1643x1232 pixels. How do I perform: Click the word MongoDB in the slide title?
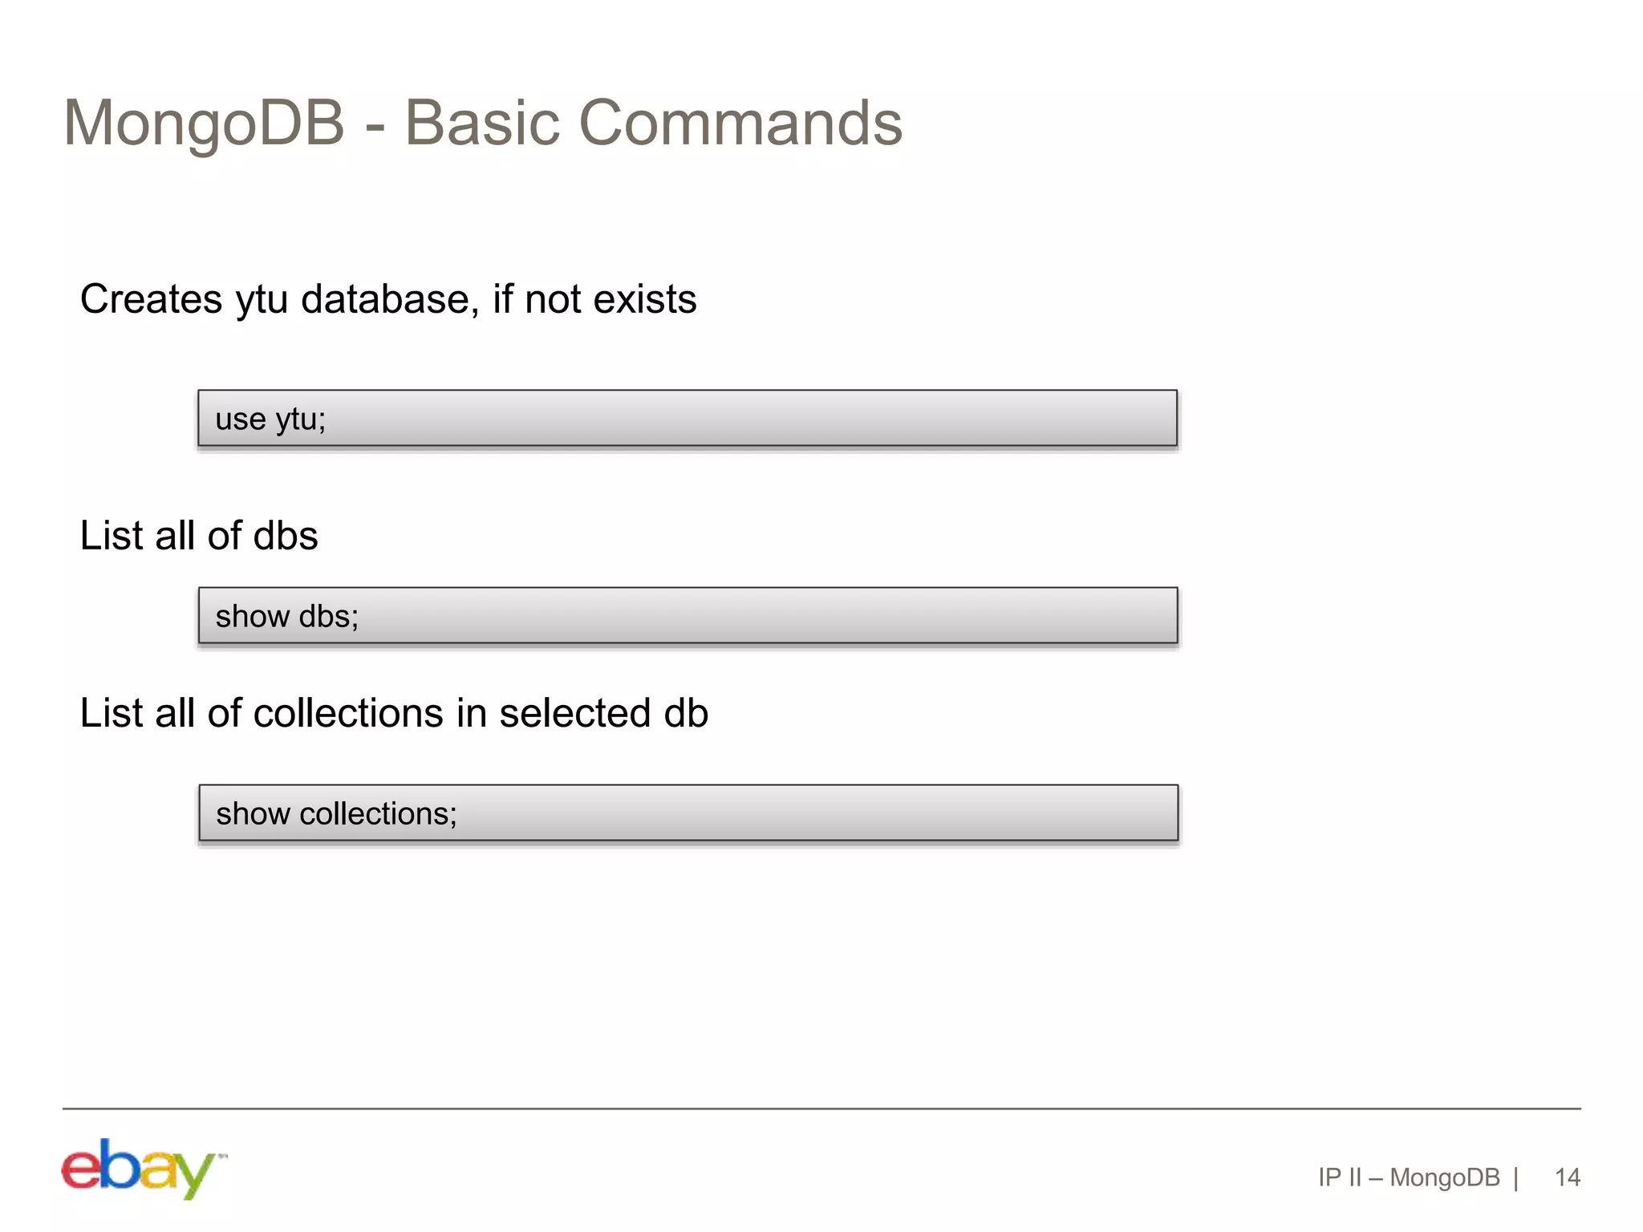[204, 124]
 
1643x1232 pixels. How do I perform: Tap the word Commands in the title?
[740, 124]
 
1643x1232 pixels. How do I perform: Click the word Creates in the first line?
[151, 299]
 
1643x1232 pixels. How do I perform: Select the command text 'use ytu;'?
[270, 419]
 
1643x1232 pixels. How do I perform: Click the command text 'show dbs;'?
[286, 616]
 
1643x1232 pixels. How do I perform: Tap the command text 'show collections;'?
[336, 813]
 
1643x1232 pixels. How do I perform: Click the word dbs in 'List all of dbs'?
[286, 536]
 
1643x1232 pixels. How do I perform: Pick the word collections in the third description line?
[347, 713]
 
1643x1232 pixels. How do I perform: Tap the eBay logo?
[143, 1168]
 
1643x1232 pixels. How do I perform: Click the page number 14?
[1567, 1177]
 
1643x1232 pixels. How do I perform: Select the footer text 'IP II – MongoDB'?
[1408, 1177]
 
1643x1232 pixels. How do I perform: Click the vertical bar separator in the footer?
[1515, 1177]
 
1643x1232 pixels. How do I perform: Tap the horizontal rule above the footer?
[821, 1108]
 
